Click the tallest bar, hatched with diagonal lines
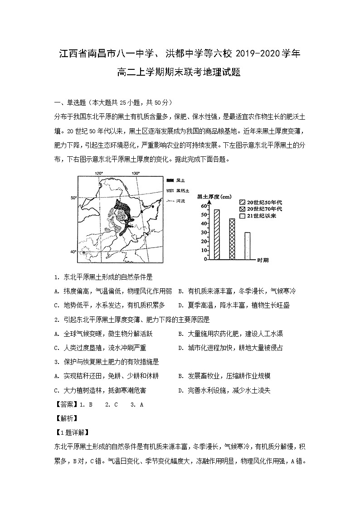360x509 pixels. (217, 234)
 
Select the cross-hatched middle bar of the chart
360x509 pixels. (232, 239)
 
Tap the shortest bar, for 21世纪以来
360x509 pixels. (247, 246)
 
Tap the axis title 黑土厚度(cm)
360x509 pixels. (214, 197)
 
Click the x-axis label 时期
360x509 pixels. (263, 260)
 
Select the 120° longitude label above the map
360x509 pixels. (99, 174)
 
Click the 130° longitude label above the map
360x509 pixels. (136, 174)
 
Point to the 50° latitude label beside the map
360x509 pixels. (73, 198)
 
